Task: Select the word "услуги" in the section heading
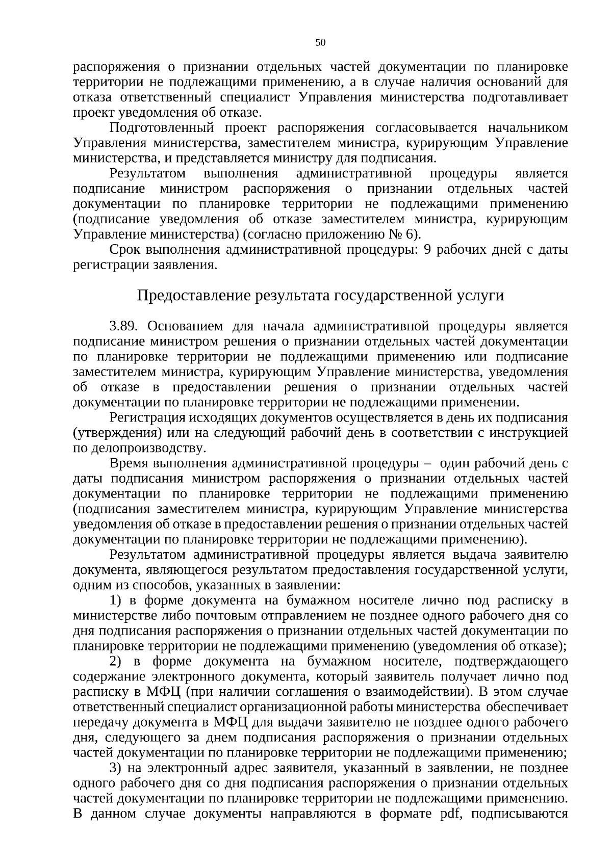click(477, 295)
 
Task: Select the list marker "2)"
click(116, 662)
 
